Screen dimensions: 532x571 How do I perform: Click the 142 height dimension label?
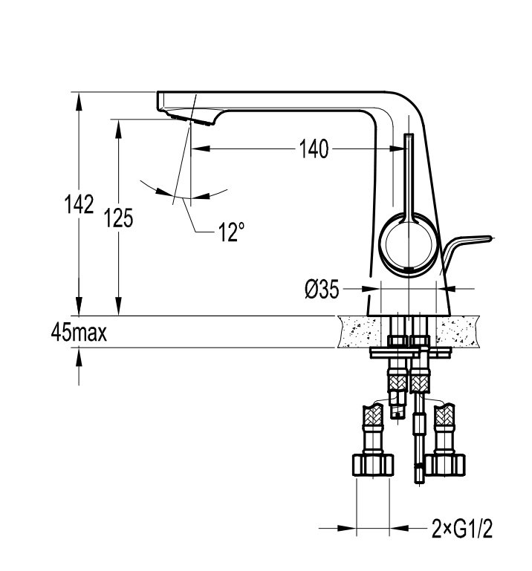pos(79,204)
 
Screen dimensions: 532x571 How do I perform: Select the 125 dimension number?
pos(118,218)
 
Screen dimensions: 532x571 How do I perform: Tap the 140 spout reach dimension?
pos(314,149)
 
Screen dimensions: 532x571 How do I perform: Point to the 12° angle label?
pos(231,232)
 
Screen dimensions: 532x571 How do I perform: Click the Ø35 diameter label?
pos(322,290)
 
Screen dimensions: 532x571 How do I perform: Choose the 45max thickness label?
pos(79,332)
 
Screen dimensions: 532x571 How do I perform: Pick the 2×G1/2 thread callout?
pos(461,529)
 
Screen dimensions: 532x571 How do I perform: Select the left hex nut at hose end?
pos(373,465)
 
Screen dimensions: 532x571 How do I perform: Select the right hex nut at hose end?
pos(445,465)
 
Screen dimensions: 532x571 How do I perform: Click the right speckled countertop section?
pos(458,332)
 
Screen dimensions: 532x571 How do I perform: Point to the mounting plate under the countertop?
pos(411,352)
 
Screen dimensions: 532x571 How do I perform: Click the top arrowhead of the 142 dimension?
pos(79,101)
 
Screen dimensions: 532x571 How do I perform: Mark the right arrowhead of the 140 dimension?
pos(398,149)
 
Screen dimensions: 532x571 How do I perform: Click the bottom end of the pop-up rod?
pos(419,482)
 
